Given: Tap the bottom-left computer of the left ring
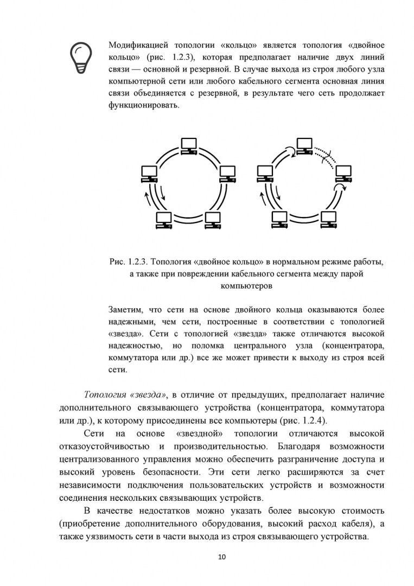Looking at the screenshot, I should [x=163, y=220].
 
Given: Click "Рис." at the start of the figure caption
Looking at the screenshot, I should [x=117, y=262].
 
